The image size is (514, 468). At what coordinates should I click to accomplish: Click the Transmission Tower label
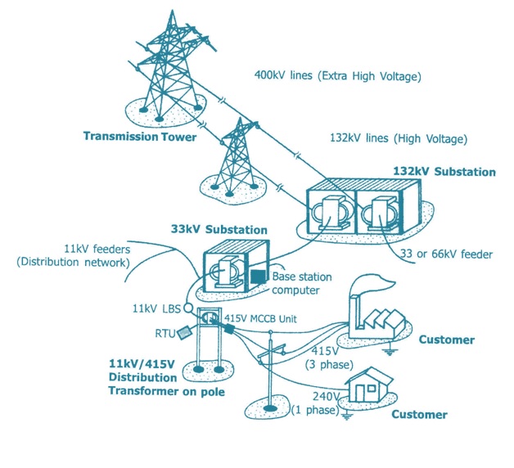tap(139, 137)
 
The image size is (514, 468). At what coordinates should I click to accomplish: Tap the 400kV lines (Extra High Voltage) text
tap(337, 77)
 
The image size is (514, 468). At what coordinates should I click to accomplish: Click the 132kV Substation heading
tap(444, 173)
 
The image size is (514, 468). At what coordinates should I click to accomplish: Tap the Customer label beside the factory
tap(446, 340)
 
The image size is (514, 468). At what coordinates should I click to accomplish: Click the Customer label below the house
tap(419, 415)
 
